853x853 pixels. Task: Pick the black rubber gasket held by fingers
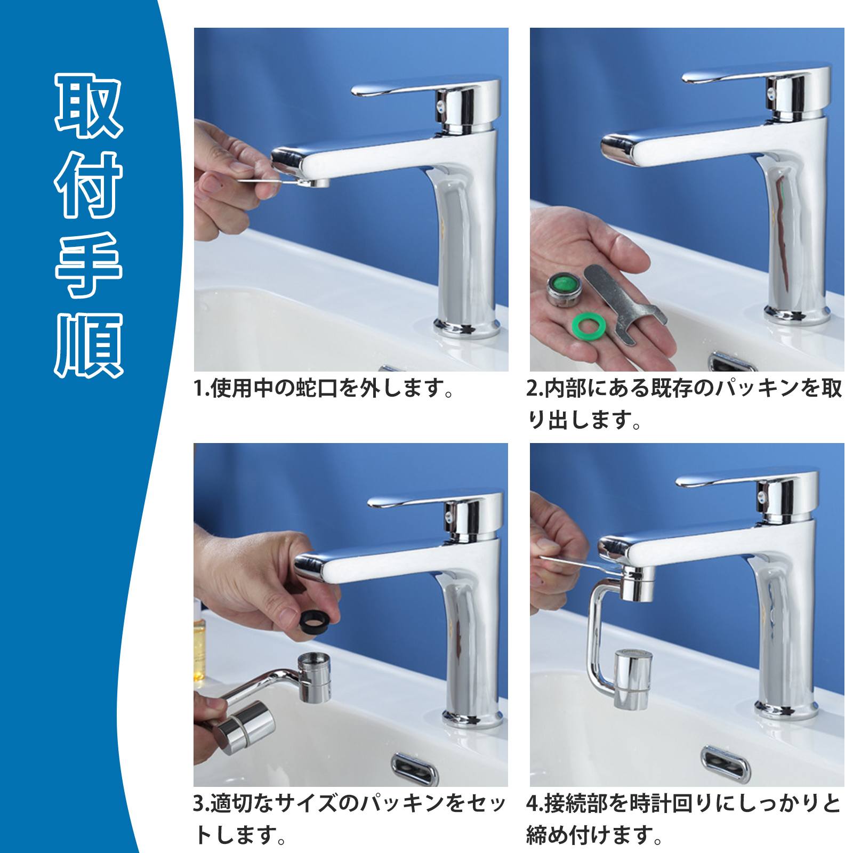pos(316,621)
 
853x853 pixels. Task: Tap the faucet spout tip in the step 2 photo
pos(618,148)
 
